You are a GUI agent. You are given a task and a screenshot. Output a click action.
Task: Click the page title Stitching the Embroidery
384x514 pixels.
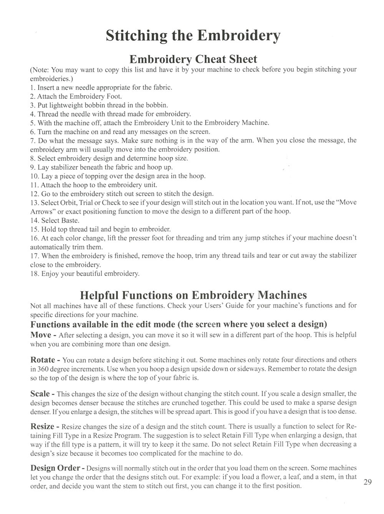pos(193,36)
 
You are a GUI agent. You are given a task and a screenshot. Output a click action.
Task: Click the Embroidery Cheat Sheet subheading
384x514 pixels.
pos(193,59)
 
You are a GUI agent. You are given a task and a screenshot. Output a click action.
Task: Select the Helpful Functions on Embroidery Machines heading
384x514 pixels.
pos(193,295)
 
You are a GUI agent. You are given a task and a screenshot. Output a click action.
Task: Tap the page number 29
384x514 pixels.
pos(367,482)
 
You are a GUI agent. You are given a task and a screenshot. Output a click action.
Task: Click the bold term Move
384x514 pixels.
pos(41,335)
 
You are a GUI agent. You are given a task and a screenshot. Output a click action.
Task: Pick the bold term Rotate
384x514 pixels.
pos(43,360)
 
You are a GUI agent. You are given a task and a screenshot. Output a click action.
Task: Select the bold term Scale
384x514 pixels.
pos(40,394)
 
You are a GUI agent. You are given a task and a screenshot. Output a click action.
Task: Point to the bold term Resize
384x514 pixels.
pos(42,426)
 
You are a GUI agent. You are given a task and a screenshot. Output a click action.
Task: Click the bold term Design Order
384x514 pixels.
pos(55,468)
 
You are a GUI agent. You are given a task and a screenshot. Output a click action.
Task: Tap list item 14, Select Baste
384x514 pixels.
pos(55,220)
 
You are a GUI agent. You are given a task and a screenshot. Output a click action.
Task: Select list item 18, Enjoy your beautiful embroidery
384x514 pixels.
pos(85,274)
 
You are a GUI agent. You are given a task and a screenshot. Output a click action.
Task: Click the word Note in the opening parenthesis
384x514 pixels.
pos(40,70)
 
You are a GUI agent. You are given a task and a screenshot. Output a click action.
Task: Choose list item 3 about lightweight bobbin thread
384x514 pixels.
pos(99,105)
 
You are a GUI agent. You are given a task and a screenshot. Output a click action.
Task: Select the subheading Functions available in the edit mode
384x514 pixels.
pos(179,324)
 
